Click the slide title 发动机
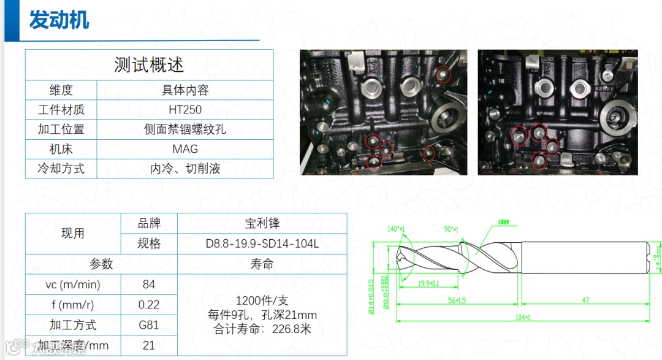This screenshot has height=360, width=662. click(x=59, y=20)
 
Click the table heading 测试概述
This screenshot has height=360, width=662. click(x=149, y=64)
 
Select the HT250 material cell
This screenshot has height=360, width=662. click(x=185, y=110)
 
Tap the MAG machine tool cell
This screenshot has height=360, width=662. click(x=185, y=148)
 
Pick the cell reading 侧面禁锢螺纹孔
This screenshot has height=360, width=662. click(x=185, y=129)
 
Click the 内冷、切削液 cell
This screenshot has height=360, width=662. click(x=185, y=168)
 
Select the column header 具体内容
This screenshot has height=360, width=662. click(x=185, y=90)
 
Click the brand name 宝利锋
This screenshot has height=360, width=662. click(x=262, y=223)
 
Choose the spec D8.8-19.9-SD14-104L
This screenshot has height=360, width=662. click(x=262, y=243)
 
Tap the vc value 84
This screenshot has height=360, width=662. click(x=148, y=285)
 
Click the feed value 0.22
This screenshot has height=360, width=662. click(x=148, y=305)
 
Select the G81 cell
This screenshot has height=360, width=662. click(x=148, y=325)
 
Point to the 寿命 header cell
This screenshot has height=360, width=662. click(x=262, y=264)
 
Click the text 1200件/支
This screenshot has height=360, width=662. click(x=262, y=301)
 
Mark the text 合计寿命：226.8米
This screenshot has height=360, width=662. click(x=262, y=329)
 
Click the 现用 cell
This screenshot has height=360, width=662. click(x=73, y=234)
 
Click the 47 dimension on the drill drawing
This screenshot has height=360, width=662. click(x=586, y=301)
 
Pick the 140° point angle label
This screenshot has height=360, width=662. click(x=398, y=228)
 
